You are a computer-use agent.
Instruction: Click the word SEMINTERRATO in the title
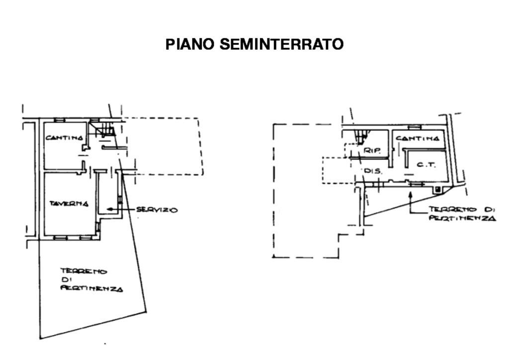[x=281, y=44]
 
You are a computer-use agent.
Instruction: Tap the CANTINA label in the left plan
[x=64, y=138]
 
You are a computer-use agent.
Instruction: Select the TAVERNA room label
[x=69, y=203]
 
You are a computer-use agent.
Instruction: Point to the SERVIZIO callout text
[x=157, y=210]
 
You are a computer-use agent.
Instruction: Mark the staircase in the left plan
[x=106, y=131]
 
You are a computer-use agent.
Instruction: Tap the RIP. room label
[x=372, y=150]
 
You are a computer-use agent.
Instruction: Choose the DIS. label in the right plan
[x=373, y=171]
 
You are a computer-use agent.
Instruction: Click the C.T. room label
[x=426, y=165]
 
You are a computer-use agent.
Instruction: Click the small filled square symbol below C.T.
[x=437, y=189]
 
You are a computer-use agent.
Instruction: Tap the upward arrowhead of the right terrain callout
[x=410, y=193]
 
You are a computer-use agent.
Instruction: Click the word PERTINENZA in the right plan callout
[x=462, y=218]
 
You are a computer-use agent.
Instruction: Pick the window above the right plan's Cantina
[x=415, y=127]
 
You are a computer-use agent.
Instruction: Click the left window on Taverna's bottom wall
[x=60, y=238]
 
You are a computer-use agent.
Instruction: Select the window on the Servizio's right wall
[x=120, y=200]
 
